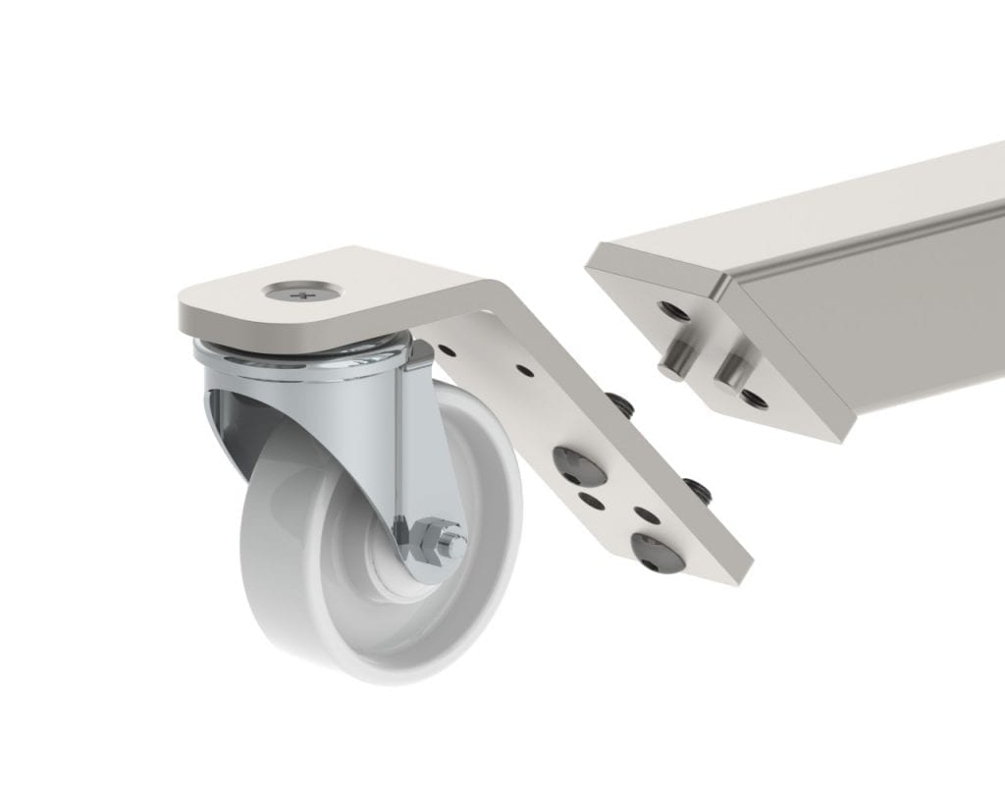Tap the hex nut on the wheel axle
click(x=430, y=539)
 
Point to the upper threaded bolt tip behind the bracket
click(x=619, y=402)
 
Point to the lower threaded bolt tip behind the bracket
click(x=698, y=488)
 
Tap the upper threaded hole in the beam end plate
click(x=673, y=312)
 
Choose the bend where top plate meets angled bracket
click(x=491, y=295)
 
